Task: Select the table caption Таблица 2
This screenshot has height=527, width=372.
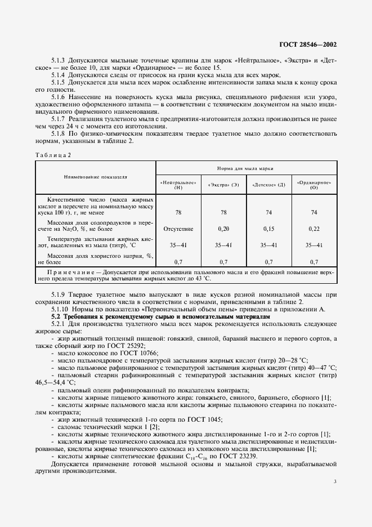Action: [53, 154]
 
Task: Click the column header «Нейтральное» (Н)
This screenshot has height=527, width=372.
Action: [178, 185]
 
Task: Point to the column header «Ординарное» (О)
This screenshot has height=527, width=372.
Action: [313, 185]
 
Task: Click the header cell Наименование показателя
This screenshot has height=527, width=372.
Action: [95, 177]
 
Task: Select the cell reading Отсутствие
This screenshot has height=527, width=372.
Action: [178, 229]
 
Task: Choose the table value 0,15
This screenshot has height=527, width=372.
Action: [268, 229]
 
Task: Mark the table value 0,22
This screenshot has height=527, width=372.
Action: [313, 229]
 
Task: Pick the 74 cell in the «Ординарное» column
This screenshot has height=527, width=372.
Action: [313, 212]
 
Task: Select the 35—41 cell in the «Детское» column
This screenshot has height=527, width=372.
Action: [268, 245]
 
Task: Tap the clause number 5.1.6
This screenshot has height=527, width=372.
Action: [59, 96]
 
